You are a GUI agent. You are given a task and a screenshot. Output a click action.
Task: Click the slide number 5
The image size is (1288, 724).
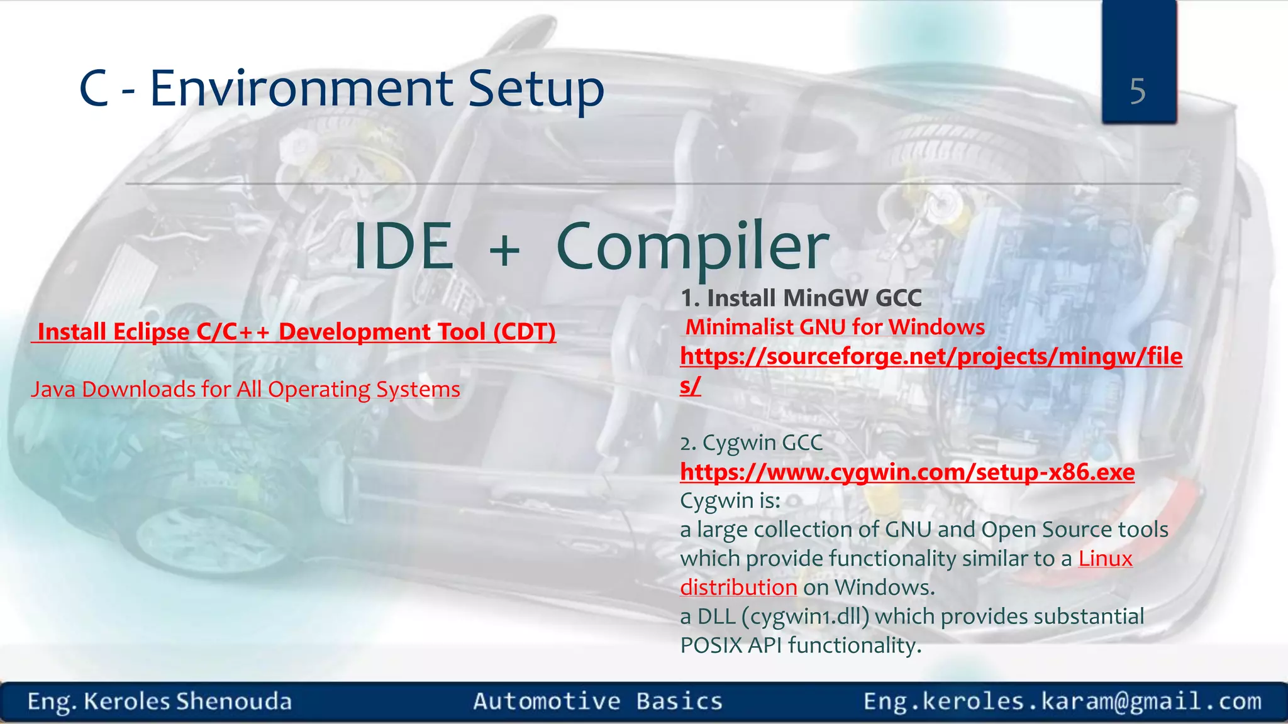pyautogui.click(x=1137, y=92)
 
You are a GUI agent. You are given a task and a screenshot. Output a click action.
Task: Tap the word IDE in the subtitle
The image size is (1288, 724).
pyautogui.click(x=403, y=247)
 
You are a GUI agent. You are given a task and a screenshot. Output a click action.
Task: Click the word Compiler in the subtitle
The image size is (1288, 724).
pyautogui.click(x=692, y=247)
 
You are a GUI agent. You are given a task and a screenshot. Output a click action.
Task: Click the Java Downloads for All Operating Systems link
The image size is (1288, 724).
pyautogui.click(x=246, y=390)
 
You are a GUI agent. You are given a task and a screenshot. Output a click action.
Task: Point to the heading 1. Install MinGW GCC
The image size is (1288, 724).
pyautogui.click(x=801, y=298)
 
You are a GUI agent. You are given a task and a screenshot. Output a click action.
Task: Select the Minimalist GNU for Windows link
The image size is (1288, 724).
pyautogui.click(x=835, y=327)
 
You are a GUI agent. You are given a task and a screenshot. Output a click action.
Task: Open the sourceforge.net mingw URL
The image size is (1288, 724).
pyautogui.click(x=931, y=356)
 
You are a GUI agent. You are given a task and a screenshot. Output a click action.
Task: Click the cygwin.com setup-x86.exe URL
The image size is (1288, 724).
pyautogui.click(x=907, y=472)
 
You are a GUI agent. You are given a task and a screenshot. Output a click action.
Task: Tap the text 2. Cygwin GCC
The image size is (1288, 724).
pyautogui.click(x=751, y=443)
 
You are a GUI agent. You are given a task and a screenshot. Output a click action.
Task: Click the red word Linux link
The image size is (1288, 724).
pyautogui.click(x=1105, y=559)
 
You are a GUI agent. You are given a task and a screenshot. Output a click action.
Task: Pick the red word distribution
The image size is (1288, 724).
pyautogui.click(x=738, y=588)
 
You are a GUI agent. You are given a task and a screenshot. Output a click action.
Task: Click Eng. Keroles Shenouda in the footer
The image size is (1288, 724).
pyautogui.click(x=160, y=701)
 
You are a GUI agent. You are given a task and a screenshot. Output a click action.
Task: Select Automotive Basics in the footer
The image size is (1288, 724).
pyautogui.click(x=597, y=701)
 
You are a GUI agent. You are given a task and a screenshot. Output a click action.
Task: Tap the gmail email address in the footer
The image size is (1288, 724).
pyautogui.click(x=1062, y=701)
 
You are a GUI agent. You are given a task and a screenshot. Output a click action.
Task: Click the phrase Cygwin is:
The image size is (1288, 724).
pyautogui.click(x=730, y=501)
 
